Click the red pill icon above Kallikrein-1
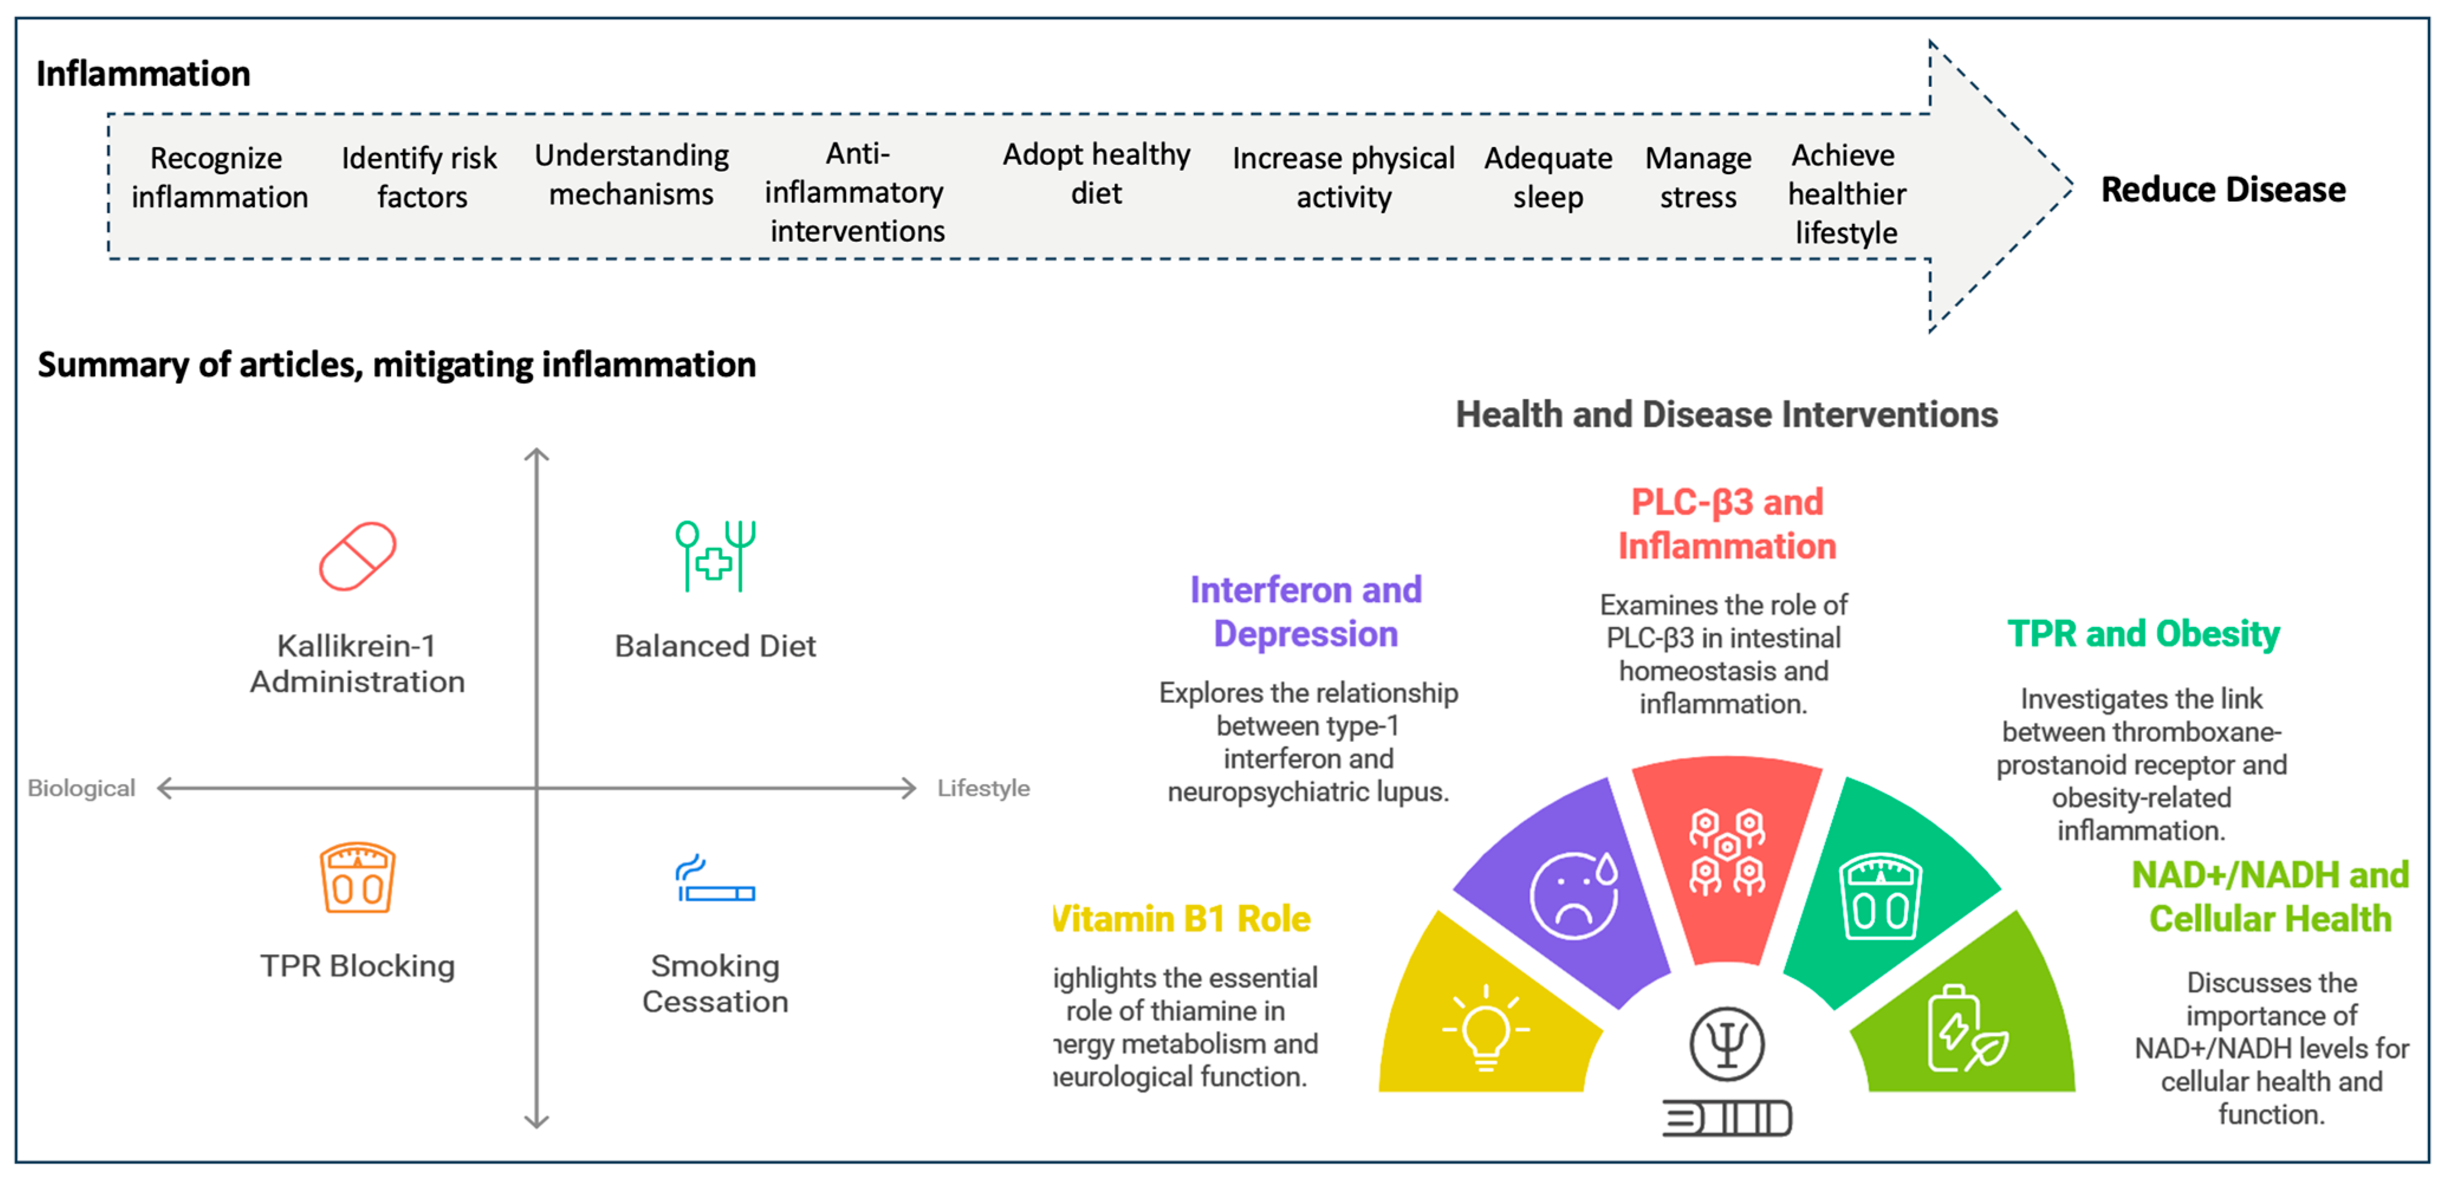[x=358, y=557]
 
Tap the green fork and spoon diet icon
[x=715, y=556]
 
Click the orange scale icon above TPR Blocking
[x=357, y=877]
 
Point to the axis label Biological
[x=82, y=788]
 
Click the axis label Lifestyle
[x=983, y=788]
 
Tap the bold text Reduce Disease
[x=2223, y=190]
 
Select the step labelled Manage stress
[x=1698, y=177]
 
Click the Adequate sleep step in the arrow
[x=1549, y=177]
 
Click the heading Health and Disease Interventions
[x=1726, y=415]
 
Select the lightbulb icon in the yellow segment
[x=1486, y=1028]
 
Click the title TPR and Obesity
[x=2143, y=633]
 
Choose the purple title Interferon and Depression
[x=1306, y=612]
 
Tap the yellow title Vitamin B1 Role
[x=1182, y=919]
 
